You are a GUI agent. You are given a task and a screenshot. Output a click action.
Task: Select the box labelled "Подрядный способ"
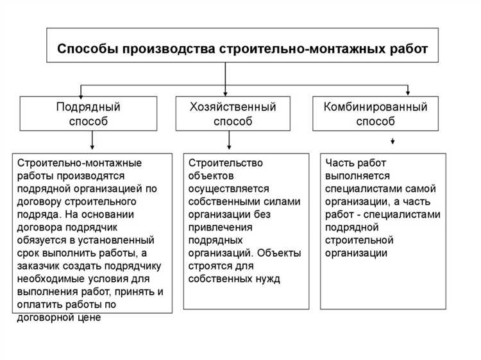click(x=88, y=113)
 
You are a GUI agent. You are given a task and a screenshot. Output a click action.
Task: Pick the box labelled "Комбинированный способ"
click(x=379, y=113)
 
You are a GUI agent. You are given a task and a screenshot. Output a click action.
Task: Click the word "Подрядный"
click(x=88, y=107)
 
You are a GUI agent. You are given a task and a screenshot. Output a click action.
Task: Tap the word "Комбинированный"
click(x=379, y=107)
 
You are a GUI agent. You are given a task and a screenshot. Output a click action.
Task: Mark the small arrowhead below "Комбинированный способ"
click(x=392, y=141)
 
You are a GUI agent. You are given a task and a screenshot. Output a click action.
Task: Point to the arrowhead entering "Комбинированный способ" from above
click(x=407, y=92)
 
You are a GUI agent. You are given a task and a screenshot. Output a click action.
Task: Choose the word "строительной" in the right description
click(x=359, y=240)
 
